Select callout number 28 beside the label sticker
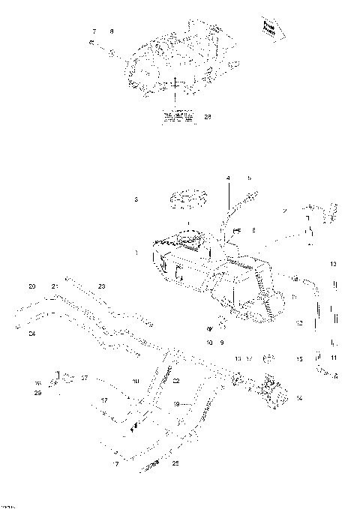tap(208, 116)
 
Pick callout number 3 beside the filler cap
tap(136, 200)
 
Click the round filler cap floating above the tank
tap(187, 200)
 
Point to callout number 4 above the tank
tap(229, 178)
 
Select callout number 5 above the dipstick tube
tap(249, 178)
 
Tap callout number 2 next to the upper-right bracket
tap(285, 212)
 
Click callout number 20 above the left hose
tap(31, 286)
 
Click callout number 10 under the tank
tap(210, 342)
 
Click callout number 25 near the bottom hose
tap(175, 464)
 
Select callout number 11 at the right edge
tap(334, 357)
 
